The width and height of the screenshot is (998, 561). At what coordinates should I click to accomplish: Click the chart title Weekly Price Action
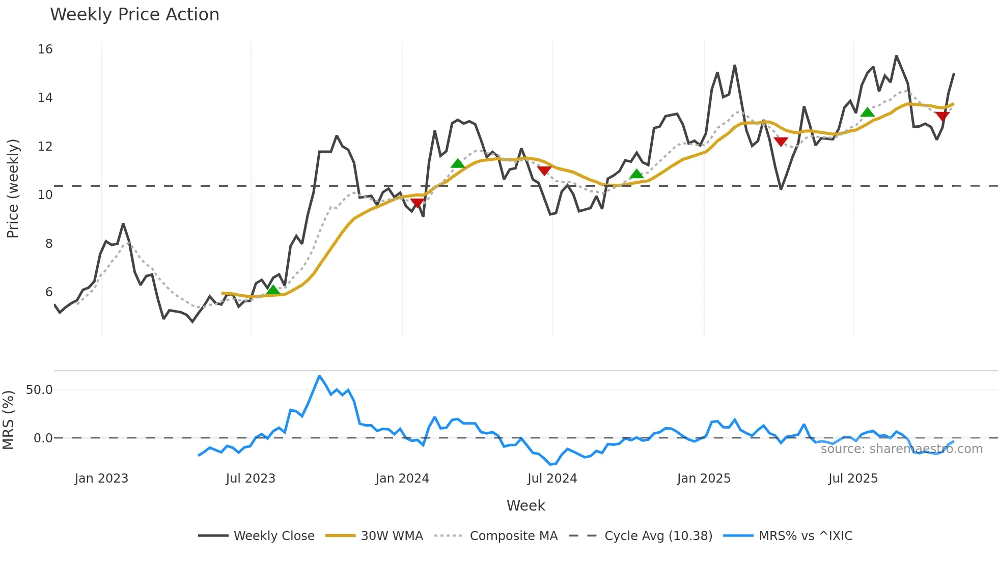134,15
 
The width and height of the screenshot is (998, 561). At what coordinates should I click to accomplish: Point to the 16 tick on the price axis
45,49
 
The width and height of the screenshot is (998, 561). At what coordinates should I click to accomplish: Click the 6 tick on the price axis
49,292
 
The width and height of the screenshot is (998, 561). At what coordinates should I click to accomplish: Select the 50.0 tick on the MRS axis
39,390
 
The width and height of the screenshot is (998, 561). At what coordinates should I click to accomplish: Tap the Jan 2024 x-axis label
402,479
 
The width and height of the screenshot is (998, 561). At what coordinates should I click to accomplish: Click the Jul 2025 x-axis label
853,479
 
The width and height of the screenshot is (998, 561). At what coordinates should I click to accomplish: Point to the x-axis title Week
525,506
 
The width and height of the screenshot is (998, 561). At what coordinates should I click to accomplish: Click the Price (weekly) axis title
13,188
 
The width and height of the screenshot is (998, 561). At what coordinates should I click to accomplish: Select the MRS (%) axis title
9,420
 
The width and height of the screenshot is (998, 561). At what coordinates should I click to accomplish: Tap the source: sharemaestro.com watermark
901,449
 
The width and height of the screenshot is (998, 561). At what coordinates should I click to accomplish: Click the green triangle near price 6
273,290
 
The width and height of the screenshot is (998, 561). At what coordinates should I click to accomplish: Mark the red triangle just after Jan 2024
417,203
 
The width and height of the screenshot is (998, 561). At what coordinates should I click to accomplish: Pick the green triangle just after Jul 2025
867,112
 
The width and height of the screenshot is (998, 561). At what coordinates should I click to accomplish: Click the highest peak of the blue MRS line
319,376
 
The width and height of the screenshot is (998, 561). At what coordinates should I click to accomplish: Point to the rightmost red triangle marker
942,116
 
